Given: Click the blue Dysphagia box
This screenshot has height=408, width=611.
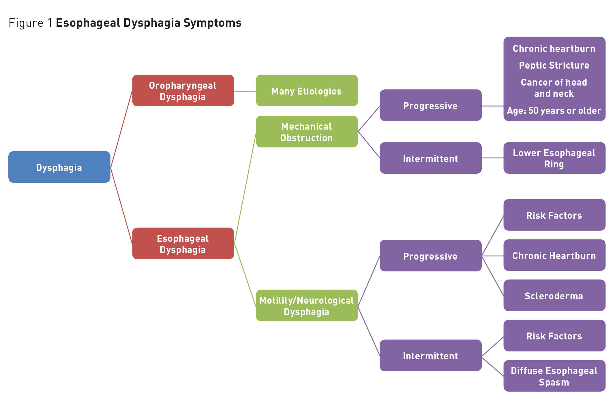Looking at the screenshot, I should coord(59,167).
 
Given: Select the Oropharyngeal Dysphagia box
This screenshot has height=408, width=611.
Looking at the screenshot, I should coord(183,91).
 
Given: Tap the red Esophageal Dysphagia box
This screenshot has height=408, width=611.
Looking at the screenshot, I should coord(183,243).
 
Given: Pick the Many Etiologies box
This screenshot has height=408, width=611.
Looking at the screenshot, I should coord(307,91).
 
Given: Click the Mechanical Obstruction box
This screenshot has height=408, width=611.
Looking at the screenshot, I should coord(307,132).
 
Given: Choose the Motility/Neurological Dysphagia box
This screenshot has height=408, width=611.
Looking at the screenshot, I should coord(307,306).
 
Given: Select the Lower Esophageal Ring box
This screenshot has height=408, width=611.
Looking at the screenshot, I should coord(554,158).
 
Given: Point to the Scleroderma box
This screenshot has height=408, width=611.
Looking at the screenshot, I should coord(554,296).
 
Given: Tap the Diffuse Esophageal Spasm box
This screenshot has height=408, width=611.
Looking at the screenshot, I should coord(554,376).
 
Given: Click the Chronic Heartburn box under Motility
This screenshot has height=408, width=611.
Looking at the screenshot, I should coord(554,256).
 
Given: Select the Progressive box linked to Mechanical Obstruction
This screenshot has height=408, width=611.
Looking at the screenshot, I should coord(430,105).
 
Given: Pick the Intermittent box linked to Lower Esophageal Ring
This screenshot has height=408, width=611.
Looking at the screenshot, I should coord(430,158).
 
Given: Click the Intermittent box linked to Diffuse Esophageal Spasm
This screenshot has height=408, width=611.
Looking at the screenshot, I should coord(430,356).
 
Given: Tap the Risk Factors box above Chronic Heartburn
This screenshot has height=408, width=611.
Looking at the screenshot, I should coord(554,215).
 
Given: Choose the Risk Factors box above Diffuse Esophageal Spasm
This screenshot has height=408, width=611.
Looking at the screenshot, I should coord(554,336).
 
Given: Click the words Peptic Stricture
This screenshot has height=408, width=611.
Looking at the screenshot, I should coord(554,65).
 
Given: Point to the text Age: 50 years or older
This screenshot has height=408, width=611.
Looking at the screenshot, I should coord(554,111).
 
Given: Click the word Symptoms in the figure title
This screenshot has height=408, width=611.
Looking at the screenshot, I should coord(212,23).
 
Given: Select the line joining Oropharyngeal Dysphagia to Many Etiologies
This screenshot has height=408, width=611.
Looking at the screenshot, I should coord(245,91).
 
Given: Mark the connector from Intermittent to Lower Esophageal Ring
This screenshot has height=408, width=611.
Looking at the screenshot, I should coord(492,158).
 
